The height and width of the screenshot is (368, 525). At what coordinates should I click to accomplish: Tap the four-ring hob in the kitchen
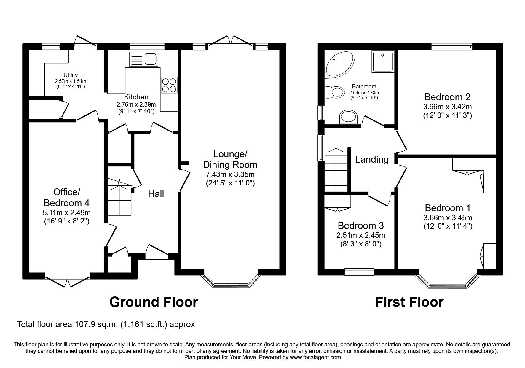pyautogui.click(x=169, y=85)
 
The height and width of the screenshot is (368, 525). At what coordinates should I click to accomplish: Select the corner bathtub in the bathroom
pyautogui.click(x=340, y=64)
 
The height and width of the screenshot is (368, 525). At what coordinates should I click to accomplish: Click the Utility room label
pyautogui.click(x=70, y=75)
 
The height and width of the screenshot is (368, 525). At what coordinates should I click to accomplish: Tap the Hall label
pyautogui.click(x=156, y=194)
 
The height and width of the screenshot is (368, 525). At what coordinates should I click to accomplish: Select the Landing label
pyautogui.click(x=372, y=160)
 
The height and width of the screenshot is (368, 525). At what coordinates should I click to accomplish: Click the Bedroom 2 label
pyautogui.click(x=447, y=97)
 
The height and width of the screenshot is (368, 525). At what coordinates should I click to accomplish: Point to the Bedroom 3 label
pyautogui.click(x=360, y=226)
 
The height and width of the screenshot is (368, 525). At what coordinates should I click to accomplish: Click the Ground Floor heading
pyautogui.click(x=154, y=302)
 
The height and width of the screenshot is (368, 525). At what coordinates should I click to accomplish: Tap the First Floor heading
pyautogui.click(x=409, y=302)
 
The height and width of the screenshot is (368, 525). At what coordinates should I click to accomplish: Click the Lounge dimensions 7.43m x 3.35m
pyautogui.click(x=230, y=174)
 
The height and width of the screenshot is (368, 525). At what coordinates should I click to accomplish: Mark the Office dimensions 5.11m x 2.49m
pyautogui.click(x=67, y=213)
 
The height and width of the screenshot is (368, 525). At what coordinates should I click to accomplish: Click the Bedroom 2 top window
pyautogui.click(x=452, y=46)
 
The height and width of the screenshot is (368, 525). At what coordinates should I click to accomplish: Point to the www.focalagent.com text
pyautogui.click(x=315, y=358)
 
